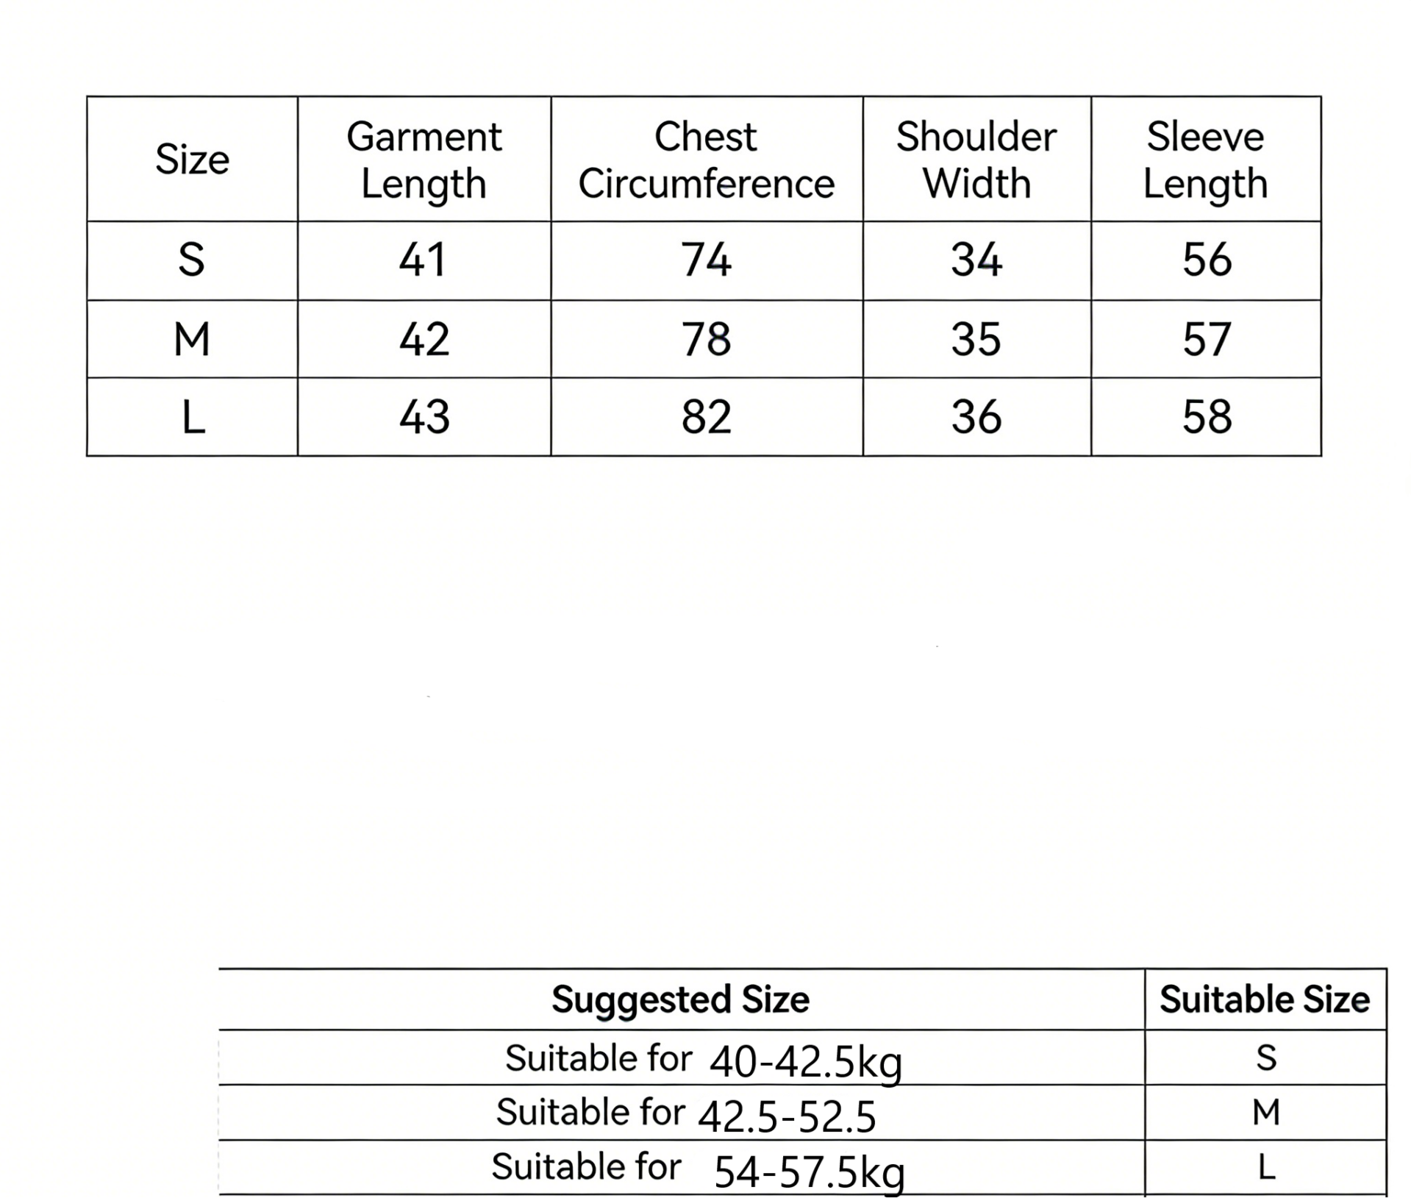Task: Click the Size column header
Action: tap(192, 159)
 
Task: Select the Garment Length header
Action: tap(424, 160)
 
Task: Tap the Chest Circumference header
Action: tap(706, 160)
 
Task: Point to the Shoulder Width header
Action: tap(976, 160)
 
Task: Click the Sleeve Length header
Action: tap(1205, 160)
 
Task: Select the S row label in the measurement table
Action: tap(191, 260)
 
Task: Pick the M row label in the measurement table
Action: tap(192, 339)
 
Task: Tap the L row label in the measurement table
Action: tap(193, 417)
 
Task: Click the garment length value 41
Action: tap(423, 260)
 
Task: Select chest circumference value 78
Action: tap(706, 339)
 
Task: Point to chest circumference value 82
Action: tap(706, 417)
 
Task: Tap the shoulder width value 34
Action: tap(976, 260)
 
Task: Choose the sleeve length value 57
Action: tap(1207, 339)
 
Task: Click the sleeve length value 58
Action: tap(1207, 417)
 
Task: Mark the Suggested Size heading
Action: tap(680, 999)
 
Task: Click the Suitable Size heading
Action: tap(1265, 999)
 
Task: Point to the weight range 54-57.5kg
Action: tap(809, 1171)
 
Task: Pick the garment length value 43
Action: tap(424, 417)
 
